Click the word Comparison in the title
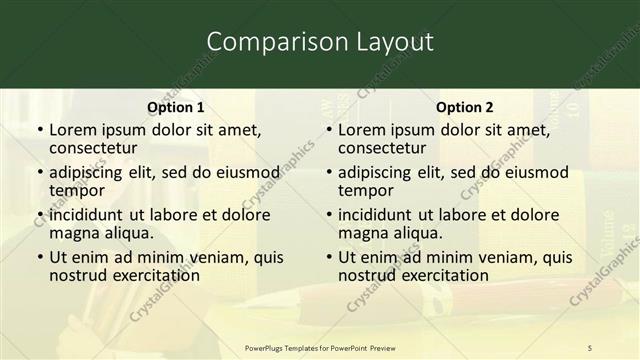point(263,42)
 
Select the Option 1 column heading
point(176,107)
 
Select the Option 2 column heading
point(465,107)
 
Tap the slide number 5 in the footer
point(590,348)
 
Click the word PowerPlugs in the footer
point(270,348)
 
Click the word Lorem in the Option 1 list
point(72,129)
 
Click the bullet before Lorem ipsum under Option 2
point(329,130)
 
